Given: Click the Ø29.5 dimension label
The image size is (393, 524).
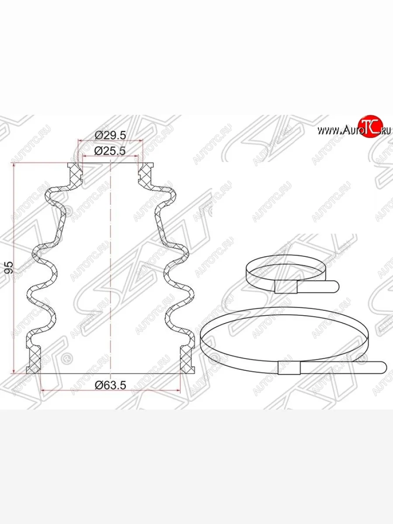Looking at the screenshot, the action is (110, 135).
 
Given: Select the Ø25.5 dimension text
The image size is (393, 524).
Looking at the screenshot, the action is (110, 151).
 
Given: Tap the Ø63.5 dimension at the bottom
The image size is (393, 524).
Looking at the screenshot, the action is (110, 385).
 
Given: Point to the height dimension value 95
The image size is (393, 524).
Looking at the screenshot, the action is (9, 267).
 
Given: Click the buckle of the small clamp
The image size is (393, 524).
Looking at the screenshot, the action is (286, 287).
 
